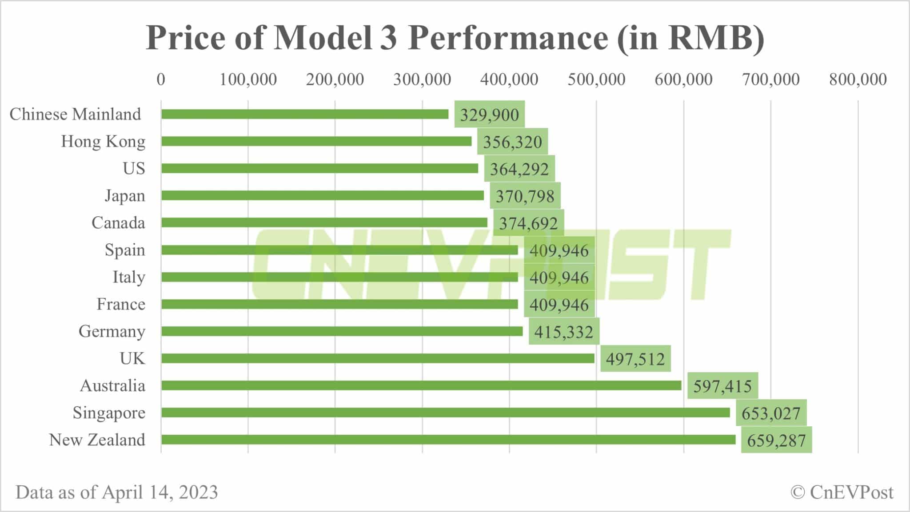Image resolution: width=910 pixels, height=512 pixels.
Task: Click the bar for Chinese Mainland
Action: point(305,114)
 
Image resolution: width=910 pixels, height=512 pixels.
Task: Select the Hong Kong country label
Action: point(103,141)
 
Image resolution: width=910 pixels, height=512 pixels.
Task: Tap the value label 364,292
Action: point(519,169)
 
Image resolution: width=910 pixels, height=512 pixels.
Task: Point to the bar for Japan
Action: point(323,195)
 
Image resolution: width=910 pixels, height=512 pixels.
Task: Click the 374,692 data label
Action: point(528,223)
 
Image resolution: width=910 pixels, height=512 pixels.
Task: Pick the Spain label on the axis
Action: point(125,250)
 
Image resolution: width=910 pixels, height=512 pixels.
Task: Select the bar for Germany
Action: point(342,331)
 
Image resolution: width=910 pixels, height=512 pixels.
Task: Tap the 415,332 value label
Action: point(563,332)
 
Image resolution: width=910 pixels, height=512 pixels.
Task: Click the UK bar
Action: point(378,358)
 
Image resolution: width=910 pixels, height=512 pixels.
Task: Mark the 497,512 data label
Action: point(635,359)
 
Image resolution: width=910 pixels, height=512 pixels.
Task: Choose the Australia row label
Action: point(112,385)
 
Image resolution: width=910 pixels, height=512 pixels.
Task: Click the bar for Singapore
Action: point(445,413)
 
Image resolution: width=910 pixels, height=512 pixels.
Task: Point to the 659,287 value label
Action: point(776,440)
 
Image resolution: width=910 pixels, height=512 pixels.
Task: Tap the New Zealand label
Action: point(97,440)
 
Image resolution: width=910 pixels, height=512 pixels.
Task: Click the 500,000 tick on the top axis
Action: point(596,79)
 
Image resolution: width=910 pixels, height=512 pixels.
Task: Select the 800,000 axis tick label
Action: point(858,79)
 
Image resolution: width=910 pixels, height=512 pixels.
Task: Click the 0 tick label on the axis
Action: point(161,79)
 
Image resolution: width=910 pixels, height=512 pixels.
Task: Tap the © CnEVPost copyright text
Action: point(842,492)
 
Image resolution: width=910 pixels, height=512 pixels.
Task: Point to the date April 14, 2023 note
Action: point(160,492)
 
